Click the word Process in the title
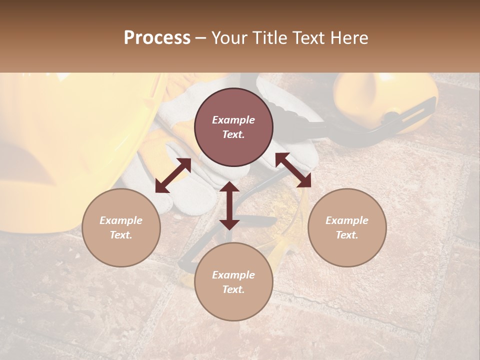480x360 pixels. click(157, 38)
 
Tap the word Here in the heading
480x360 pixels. click(348, 38)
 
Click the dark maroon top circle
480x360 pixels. click(233, 127)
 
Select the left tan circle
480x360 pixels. click(121, 227)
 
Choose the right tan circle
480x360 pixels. click(347, 227)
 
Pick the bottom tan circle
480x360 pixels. click(233, 282)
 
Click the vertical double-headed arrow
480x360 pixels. click(229, 205)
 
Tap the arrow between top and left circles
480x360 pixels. click(173, 175)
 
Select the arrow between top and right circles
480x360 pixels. click(293, 169)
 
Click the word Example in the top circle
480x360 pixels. click(233, 120)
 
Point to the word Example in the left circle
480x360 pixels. click(121, 220)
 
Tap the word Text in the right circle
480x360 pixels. click(347, 235)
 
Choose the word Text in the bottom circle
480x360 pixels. click(233, 289)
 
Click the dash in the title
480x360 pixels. click(201, 38)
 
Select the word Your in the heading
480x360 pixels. click(228, 38)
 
